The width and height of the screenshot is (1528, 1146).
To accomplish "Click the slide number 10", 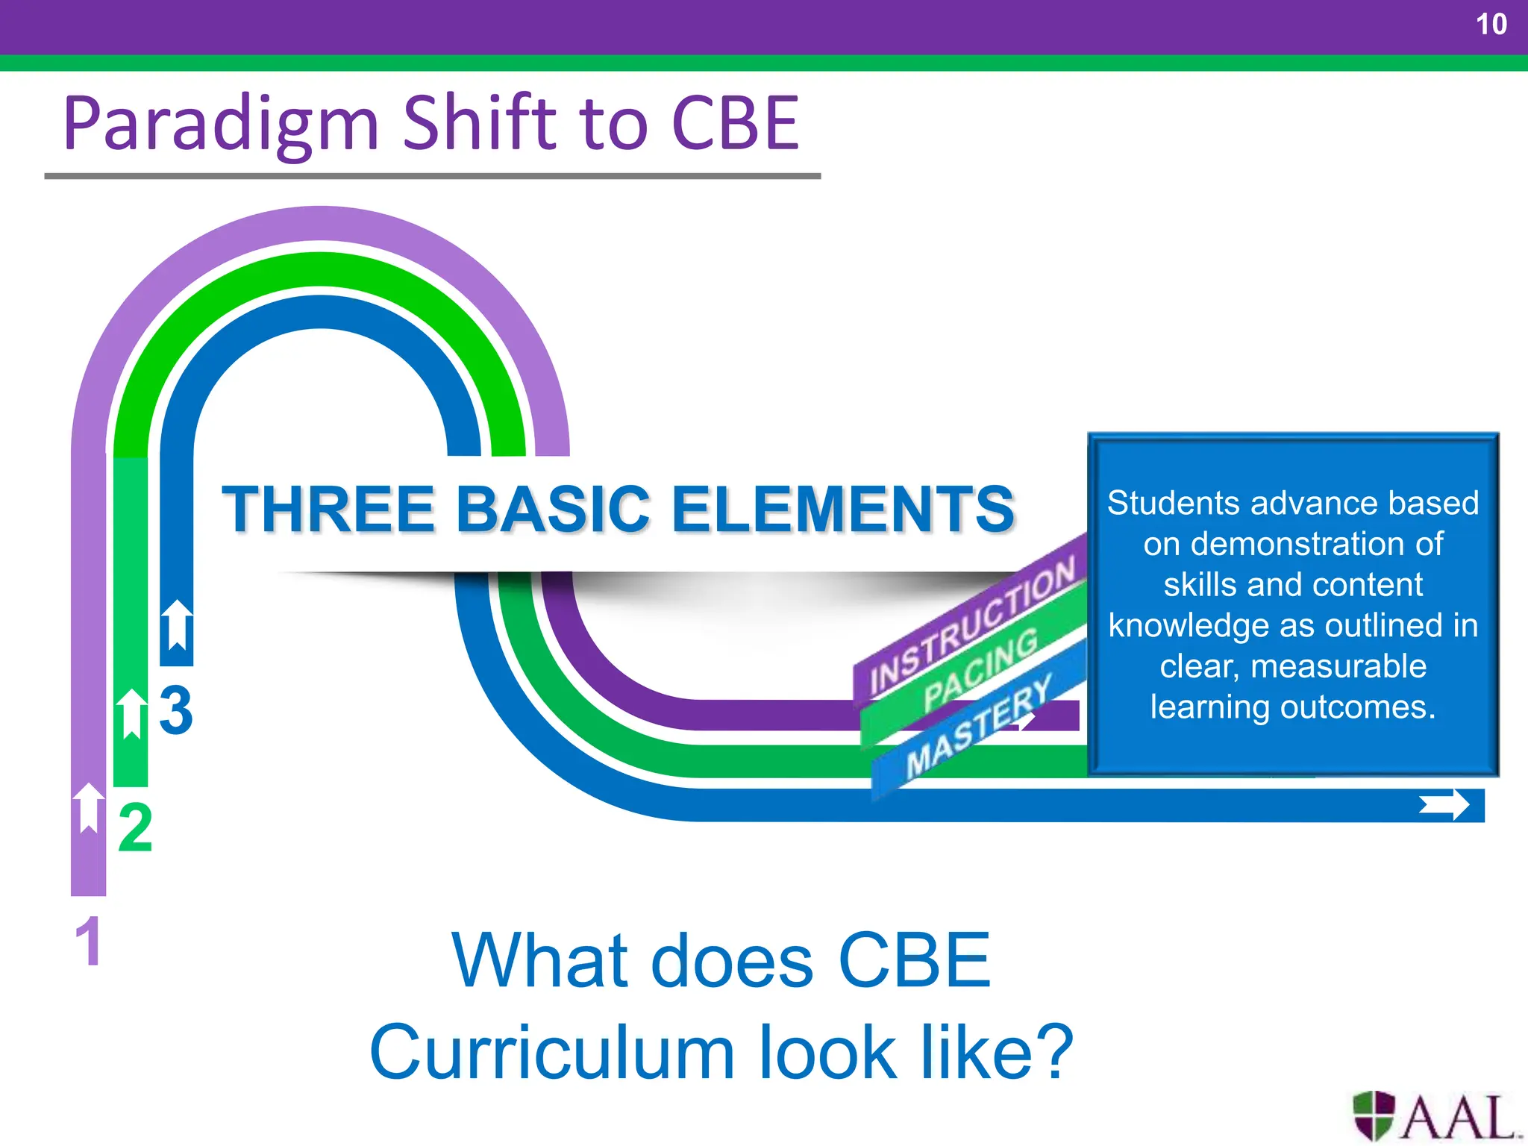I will [1491, 25].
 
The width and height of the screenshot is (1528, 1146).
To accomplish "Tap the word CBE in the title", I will [735, 123].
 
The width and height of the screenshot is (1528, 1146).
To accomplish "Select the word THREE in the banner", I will [328, 510].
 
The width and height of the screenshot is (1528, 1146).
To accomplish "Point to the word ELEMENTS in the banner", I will [842, 510].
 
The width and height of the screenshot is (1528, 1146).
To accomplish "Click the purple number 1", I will [88, 942].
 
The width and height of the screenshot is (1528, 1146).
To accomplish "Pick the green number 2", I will [135, 828].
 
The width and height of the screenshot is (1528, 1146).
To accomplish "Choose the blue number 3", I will [176, 710].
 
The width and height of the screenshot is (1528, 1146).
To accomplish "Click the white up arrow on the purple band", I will [89, 807].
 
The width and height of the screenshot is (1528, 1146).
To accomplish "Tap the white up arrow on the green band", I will [132, 713].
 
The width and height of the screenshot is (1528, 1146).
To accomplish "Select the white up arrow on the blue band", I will [177, 624].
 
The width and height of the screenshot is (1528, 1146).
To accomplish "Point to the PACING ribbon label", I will [980, 669].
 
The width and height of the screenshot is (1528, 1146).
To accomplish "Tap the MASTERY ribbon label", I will [978, 724].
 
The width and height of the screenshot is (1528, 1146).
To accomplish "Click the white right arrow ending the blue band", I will [1444, 805].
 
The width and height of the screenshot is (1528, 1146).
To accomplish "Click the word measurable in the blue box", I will [1338, 666].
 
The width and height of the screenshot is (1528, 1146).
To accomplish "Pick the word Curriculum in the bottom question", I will [552, 1052].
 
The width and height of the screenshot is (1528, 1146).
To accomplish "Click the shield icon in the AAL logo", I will [1374, 1115].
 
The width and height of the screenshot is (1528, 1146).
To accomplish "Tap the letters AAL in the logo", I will [1459, 1118].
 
